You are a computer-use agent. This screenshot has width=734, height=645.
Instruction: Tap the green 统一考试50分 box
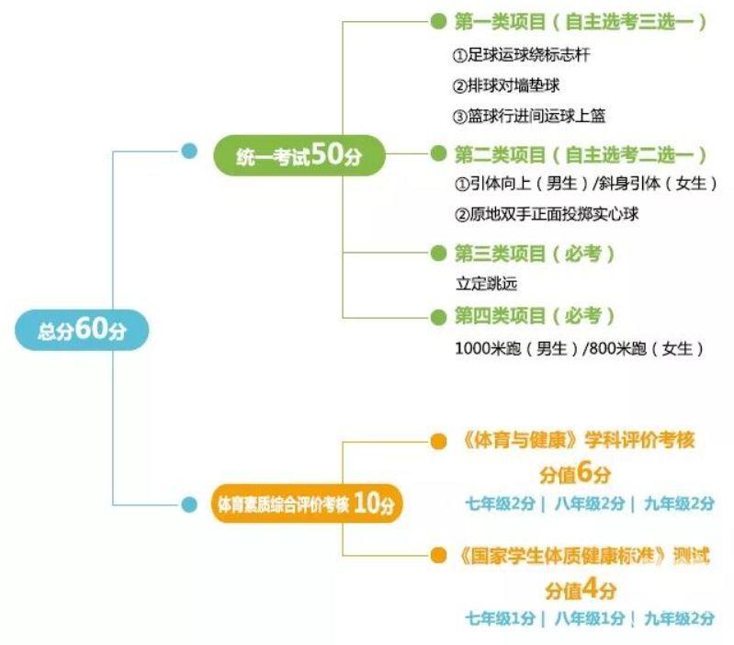(x=299, y=155)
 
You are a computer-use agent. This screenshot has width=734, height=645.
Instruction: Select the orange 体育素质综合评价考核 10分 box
(x=307, y=504)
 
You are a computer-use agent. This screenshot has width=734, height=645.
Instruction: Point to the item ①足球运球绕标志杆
(x=522, y=55)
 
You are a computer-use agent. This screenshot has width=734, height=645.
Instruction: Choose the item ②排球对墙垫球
(x=506, y=85)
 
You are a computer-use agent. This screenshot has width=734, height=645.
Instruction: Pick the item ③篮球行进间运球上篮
(x=529, y=116)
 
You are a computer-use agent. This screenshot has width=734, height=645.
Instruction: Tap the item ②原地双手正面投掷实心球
(x=547, y=214)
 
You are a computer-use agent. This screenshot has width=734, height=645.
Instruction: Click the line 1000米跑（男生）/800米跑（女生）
(x=580, y=348)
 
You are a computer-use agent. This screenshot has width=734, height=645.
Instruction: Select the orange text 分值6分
(x=576, y=474)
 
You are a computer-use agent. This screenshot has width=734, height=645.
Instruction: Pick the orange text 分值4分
(x=580, y=589)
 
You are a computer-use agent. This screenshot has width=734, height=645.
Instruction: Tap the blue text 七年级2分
(x=500, y=504)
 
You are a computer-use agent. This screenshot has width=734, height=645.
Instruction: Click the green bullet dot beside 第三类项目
(x=437, y=253)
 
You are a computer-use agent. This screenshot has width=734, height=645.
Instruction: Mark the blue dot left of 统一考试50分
(x=189, y=152)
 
